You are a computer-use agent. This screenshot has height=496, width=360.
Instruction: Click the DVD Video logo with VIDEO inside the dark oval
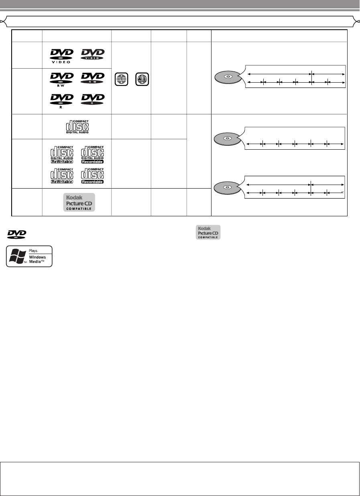tap(93, 55)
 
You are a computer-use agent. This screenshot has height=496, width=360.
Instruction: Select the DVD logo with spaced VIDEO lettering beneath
tap(61, 55)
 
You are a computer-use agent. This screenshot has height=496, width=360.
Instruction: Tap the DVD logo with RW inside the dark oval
tap(93, 77)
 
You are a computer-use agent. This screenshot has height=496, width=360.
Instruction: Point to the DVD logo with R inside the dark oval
tap(93, 99)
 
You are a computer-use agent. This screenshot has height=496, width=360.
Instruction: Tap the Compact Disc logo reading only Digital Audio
tap(77, 126)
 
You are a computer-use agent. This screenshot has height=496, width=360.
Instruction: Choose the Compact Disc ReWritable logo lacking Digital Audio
tap(61, 175)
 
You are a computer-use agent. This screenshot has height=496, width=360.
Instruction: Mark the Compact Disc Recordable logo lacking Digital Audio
tap(93, 175)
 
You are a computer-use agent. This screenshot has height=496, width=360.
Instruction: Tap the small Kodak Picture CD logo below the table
tap(208, 232)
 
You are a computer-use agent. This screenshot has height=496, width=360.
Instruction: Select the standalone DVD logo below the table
tap(16, 234)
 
